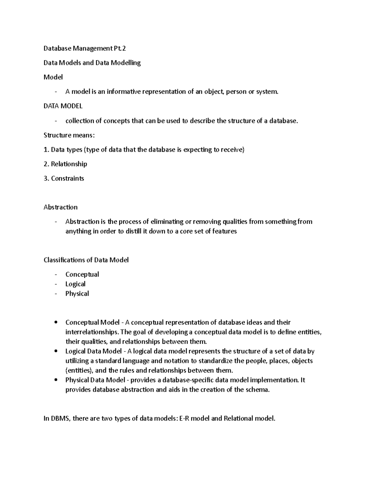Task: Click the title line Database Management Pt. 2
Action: pyautogui.click(x=85, y=48)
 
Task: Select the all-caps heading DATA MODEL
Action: pyautogui.click(x=63, y=106)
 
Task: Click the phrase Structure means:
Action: pyautogui.click(x=69, y=135)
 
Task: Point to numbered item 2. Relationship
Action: pyautogui.click(x=65, y=164)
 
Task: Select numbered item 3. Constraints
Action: pyautogui.click(x=64, y=178)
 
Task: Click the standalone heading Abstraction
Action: pyautogui.click(x=61, y=207)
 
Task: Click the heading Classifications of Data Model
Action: pyautogui.click(x=86, y=260)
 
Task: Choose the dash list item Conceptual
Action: pyautogui.click(x=82, y=274)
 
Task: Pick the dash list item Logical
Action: pyautogui.click(x=75, y=284)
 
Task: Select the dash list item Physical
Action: pyautogui.click(x=77, y=294)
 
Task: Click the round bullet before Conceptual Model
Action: pyautogui.click(x=56, y=322)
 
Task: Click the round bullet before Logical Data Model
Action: pyautogui.click(x=56, y=351)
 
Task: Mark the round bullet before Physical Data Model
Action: pyautogui.click(x=56, y=380)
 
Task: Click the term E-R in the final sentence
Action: pyautogui.click(x=185, y=418)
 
